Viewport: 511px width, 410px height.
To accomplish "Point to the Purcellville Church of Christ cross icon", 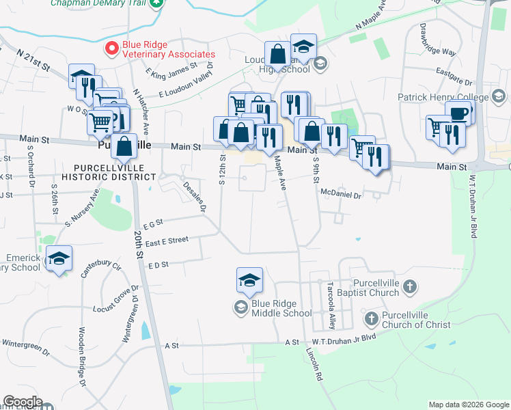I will tap(372, 318).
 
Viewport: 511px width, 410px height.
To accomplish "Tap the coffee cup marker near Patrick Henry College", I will tap(458, 113).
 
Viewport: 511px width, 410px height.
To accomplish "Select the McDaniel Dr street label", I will tap(340, 195).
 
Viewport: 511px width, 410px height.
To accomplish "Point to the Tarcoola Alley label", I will tap(331, 304).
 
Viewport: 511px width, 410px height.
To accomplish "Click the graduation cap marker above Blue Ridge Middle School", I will tap(249, 279).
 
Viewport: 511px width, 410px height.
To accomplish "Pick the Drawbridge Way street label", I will tap(437, 42).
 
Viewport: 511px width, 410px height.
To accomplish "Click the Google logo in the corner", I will tap(22, 402).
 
